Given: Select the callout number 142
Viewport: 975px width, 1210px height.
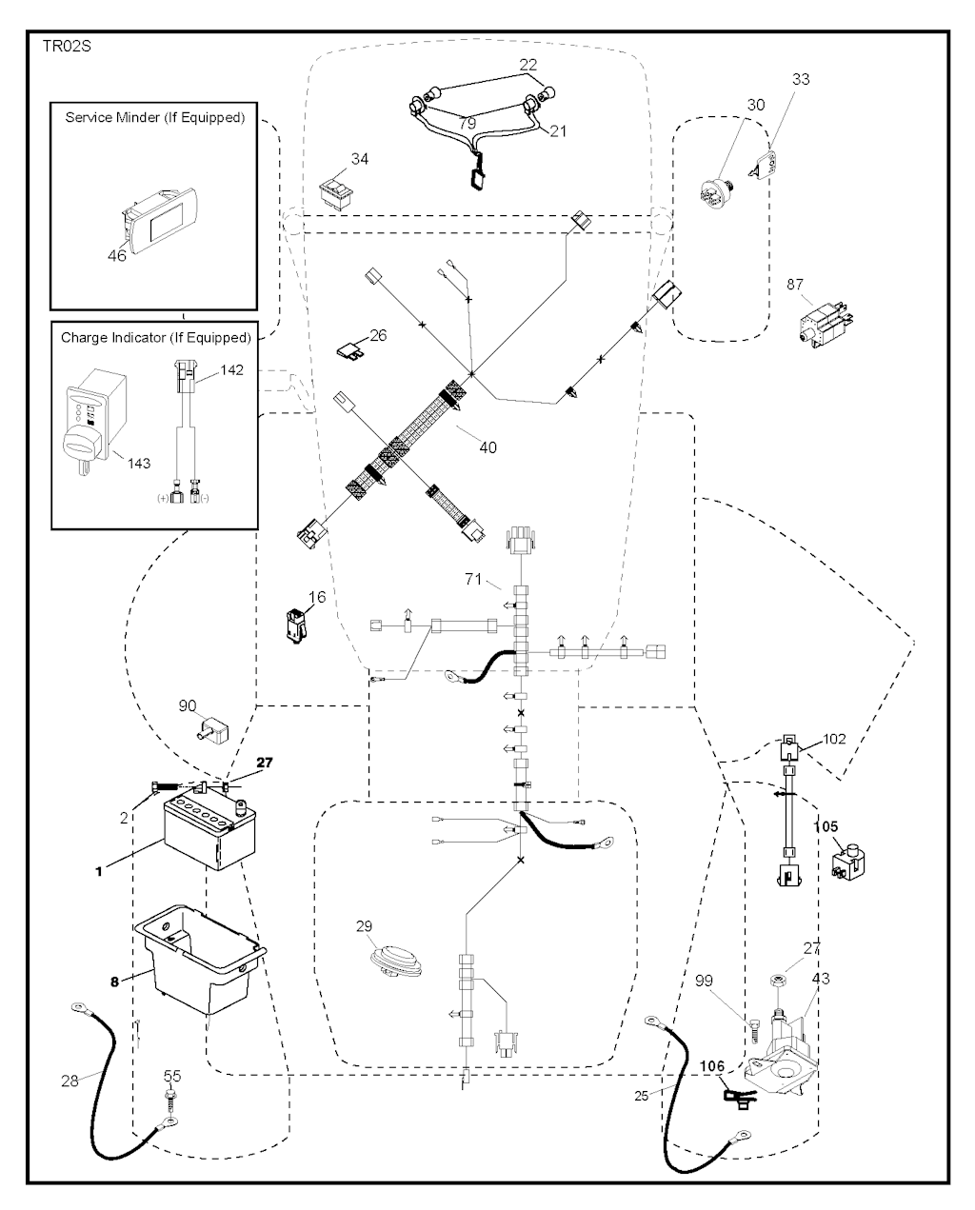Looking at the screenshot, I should pos(231,371).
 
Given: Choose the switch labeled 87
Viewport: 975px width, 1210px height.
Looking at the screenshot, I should pos(823,322).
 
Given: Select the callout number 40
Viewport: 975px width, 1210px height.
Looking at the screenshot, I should pos(487,446).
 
